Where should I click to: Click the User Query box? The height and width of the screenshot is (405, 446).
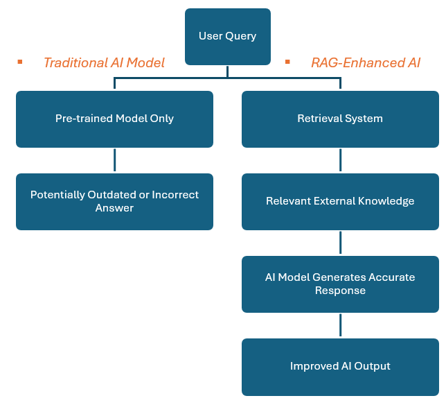(227, 36)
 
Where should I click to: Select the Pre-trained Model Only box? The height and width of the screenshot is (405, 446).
(114, 119)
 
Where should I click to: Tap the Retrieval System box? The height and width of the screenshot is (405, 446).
(340, 119)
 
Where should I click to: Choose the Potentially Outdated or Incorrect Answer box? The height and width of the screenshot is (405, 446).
(114, 201)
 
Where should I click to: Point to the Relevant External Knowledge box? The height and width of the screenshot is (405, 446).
(340, 201)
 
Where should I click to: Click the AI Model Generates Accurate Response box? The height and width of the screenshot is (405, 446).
(340, 284)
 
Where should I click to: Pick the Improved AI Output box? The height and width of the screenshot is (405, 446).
(340, 366)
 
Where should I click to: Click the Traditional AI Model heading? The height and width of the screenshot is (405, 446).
(104, 62)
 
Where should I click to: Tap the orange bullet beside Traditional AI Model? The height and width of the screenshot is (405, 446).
(20, 62)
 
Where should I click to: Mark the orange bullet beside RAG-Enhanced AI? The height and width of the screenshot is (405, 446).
(287, 62)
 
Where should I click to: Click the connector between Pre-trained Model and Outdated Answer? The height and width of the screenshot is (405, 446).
(114, 160)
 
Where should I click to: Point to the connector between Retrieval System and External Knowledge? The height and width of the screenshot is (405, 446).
(340, 160)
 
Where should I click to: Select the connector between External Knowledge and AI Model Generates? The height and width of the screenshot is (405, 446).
(340, 243)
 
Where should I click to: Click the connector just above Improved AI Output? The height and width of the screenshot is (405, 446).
(340, 325)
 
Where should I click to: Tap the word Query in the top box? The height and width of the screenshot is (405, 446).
(241, 36)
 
